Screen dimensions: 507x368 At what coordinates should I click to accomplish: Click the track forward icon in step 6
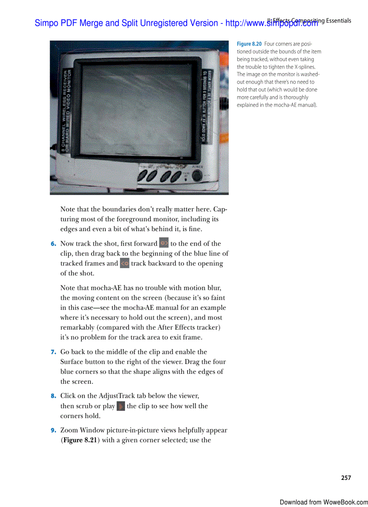164,243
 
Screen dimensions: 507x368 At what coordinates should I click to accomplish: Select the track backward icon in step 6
125,263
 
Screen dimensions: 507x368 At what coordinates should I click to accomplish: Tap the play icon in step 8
121,405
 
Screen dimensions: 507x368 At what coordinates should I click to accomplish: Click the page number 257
346,478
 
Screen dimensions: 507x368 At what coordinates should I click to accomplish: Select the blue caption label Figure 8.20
249,44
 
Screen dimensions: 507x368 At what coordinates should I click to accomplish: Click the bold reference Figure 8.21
80,440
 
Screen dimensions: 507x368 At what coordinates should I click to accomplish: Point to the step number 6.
53,244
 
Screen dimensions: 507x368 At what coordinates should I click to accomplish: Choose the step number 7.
53,352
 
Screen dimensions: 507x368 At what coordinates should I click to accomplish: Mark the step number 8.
53,396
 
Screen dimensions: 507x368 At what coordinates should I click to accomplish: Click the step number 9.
53,430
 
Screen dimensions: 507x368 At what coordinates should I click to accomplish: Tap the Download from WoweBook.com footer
323,502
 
